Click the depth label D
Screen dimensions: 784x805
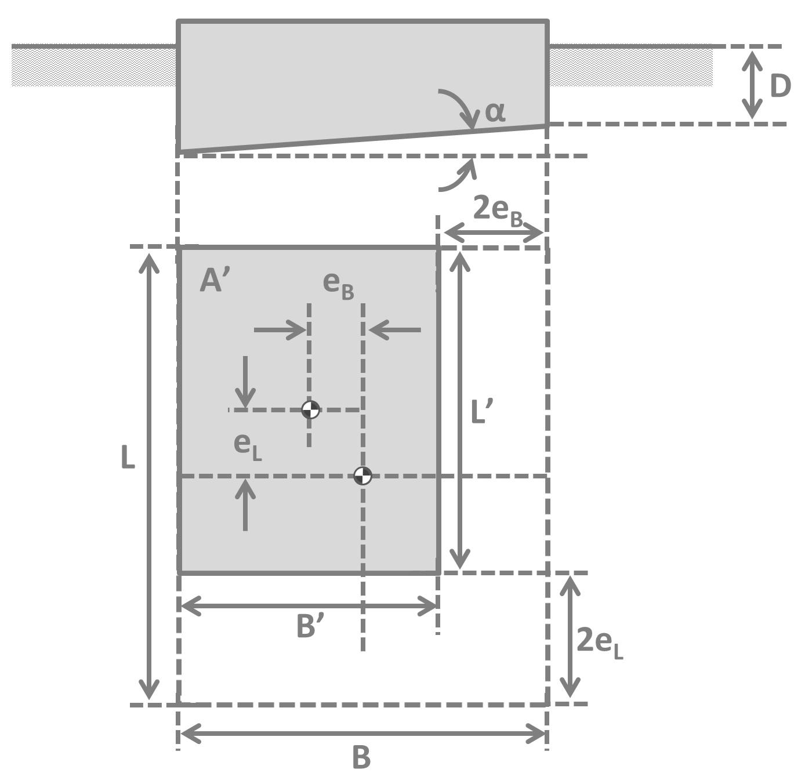point(780,86)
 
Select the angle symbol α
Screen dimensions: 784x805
point(495,111)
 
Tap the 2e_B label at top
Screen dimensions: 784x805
point(498,209)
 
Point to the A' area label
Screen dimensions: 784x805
point(215,281)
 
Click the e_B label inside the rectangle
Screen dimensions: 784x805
point(338,284)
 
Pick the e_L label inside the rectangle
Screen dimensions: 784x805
point(248,445)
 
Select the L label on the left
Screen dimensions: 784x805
point(128,458)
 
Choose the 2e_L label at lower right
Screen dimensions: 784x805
point(600,643)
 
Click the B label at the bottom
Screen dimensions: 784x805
point(361,757)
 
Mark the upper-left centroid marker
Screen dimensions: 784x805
point(310,409)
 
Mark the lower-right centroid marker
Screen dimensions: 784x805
point(362,476)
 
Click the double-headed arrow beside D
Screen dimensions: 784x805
point(752,85)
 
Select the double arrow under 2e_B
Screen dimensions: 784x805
point(494,233)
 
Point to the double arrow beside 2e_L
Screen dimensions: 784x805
point(570,637)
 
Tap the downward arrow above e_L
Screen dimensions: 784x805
point(245,382)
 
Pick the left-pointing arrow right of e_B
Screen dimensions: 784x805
point(395,330)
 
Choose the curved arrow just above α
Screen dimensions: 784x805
point(458,107)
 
